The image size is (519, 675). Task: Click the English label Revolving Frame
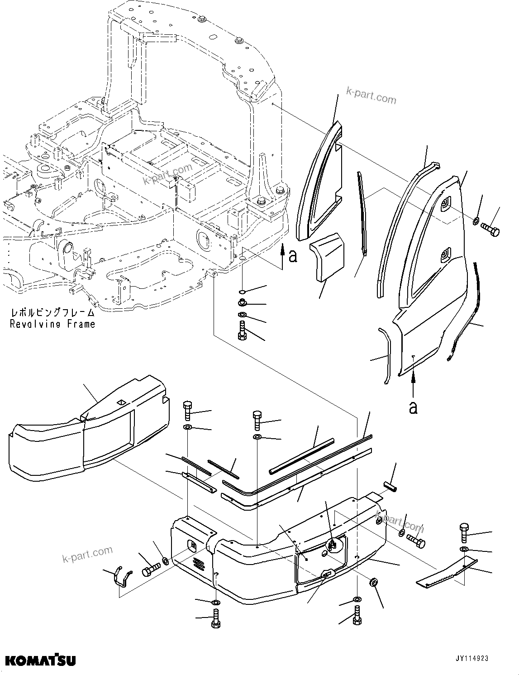point(52,324)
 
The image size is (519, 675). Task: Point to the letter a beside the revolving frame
point(293,256)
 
